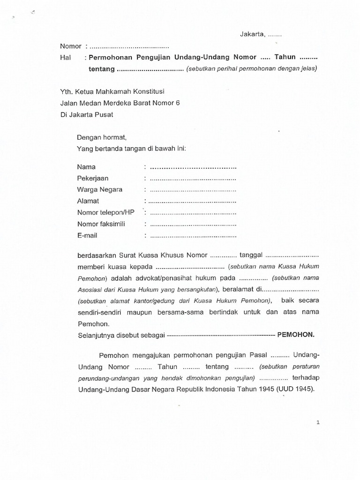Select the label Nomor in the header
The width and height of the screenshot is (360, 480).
(71, 46)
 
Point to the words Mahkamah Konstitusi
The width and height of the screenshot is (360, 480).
(134, 91)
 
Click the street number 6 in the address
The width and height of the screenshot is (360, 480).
(178, 103)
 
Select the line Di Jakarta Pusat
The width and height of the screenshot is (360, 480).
(87, 114)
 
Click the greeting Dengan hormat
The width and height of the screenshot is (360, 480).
(102, 137)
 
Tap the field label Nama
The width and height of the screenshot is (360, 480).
(86, 167)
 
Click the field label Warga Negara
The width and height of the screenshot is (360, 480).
(100, 189)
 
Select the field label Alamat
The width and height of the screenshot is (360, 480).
(88, 201)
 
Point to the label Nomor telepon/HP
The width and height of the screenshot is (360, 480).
(106, 212)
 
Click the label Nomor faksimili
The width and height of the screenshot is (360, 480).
(101, 224)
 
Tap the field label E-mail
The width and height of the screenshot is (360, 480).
(87, 235)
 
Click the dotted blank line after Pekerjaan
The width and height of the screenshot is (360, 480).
(193, 179)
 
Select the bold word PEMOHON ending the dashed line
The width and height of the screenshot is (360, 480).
(296, 335)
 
